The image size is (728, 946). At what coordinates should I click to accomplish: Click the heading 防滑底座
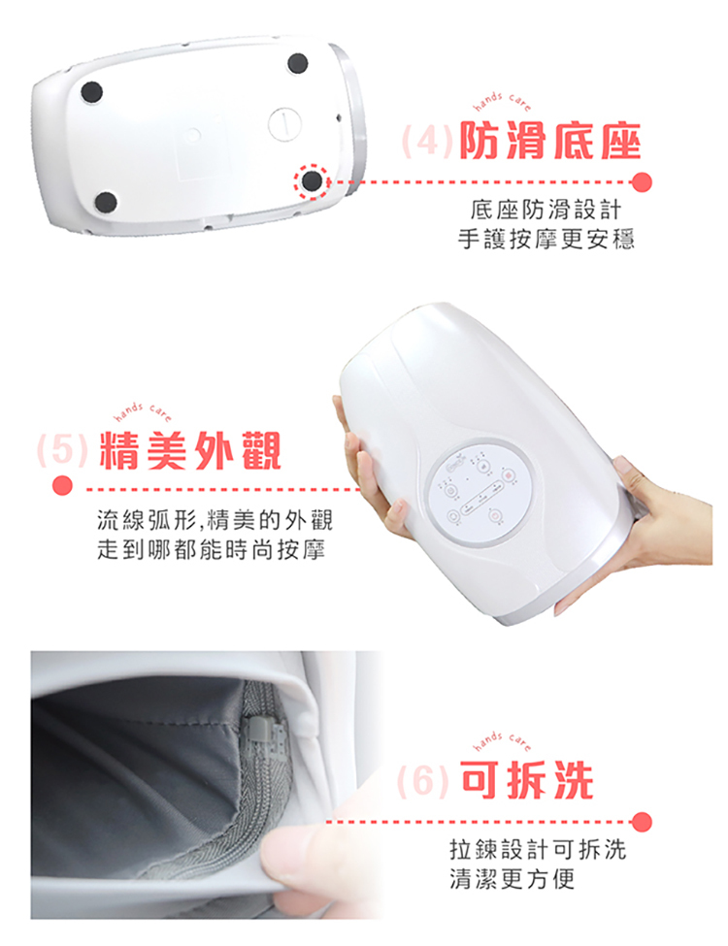coord(550,144)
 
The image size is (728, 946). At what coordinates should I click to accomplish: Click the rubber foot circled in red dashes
coord(312,180)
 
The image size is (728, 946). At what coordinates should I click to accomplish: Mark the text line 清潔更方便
coord(513,881)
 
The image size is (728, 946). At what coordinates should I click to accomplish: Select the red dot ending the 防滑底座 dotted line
coord(641,181)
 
